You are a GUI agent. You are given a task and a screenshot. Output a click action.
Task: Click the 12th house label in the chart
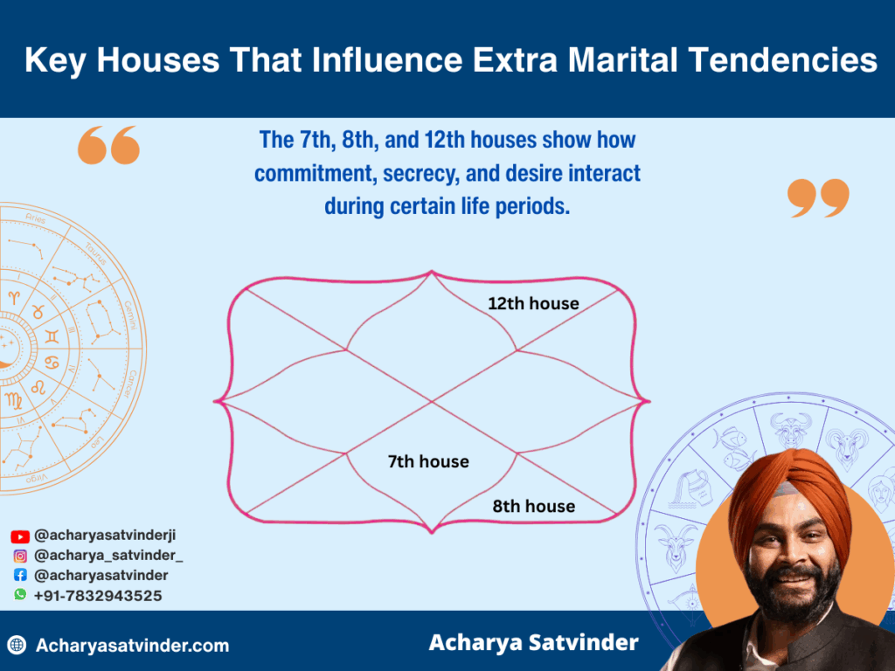coord(533,303)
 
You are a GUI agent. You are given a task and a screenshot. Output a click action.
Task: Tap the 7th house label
coord(428,461)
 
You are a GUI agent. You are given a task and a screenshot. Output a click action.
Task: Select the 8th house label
coord(533,506)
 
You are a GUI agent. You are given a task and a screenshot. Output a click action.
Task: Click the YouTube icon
coord(20,536)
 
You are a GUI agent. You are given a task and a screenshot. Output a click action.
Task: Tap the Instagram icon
coord(20,556)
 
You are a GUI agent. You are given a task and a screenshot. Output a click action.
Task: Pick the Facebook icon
coord(20,576)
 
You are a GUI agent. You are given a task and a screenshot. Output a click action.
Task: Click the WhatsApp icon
coord(20,594)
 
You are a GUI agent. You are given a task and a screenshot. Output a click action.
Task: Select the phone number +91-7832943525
coord(98,595)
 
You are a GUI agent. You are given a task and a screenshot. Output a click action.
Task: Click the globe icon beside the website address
coord(17,646)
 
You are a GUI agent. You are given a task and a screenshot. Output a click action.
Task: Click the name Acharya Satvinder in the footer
coord(533,643)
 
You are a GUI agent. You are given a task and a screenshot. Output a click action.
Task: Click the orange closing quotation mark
coord(818,197)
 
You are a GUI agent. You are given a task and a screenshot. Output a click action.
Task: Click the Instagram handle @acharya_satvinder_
coord(108,556)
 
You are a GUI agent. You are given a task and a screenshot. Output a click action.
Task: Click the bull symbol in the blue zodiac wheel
coord(791,431)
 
